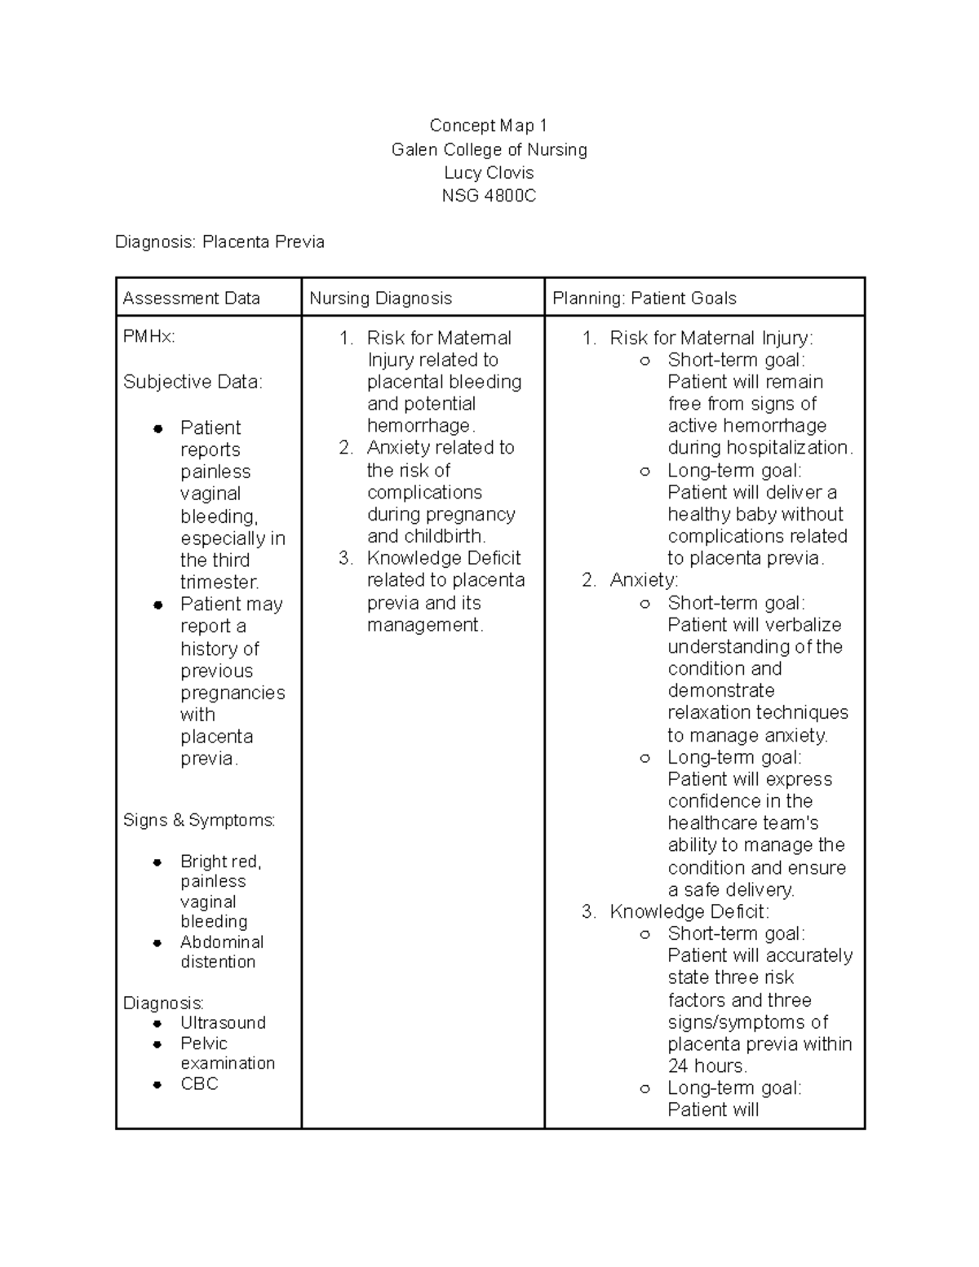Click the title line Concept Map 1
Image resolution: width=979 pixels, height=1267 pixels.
pyautogui.click(x=489, y=126)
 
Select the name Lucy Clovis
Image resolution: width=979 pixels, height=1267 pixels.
pyautogui.click(x=489, y=173)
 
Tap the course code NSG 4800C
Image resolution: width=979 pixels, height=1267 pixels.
pyautogui.click(x=489, y=196)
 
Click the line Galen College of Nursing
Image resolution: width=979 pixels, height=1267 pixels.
pyautogui.click(x=489, y=150)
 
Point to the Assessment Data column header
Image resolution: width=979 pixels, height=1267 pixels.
pyautogui.click(x=191, y=299)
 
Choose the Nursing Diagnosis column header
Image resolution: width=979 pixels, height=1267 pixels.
pyautogui.click(x=380, y=299)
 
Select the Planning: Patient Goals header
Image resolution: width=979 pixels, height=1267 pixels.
pyautogui.click(x=644, y=299)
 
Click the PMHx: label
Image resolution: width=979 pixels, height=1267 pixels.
pyautogui.click(x=148, y=337)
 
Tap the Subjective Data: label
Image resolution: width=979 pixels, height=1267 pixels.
pyautogui.click(x=193, y=382)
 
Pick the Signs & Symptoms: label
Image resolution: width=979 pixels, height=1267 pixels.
pyautogui.click(x=199, y=820)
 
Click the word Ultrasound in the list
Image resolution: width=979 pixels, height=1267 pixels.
pyautogui.click(x=223, y=1023)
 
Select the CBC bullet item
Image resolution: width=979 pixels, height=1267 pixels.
pyautogui.click(x=199, y=1084)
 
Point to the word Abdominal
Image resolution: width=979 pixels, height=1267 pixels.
pyautogui.click(x=222, y=942)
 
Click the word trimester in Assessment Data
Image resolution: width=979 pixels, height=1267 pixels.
pyautogui.click(x=219, y=583)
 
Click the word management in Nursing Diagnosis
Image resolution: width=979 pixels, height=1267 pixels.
pyautogui.click(x=423, y=626)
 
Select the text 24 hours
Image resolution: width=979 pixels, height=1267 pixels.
pyautogui.click(x=707, y=1066)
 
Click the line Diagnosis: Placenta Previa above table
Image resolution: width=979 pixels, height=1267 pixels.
pyautogui.click(x=219, y=242)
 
